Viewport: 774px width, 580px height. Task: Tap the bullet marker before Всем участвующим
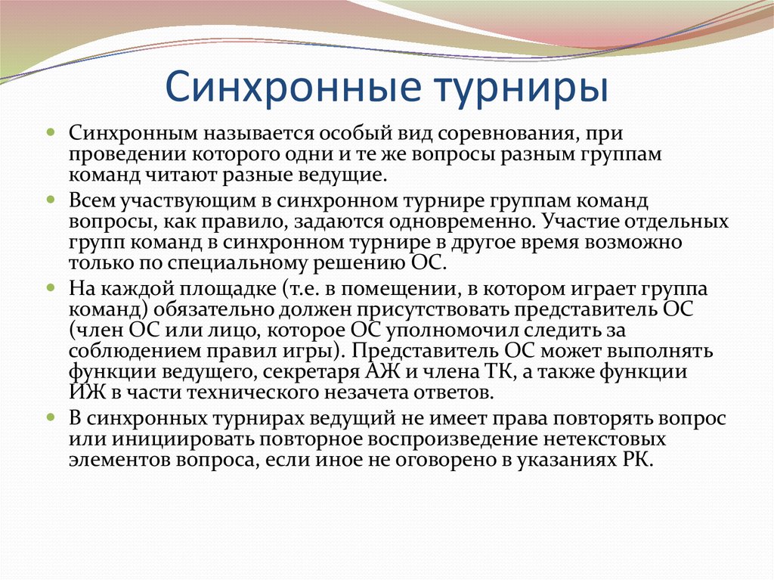coord(51,201)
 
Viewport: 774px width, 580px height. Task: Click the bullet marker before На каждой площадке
coord(51,288)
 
